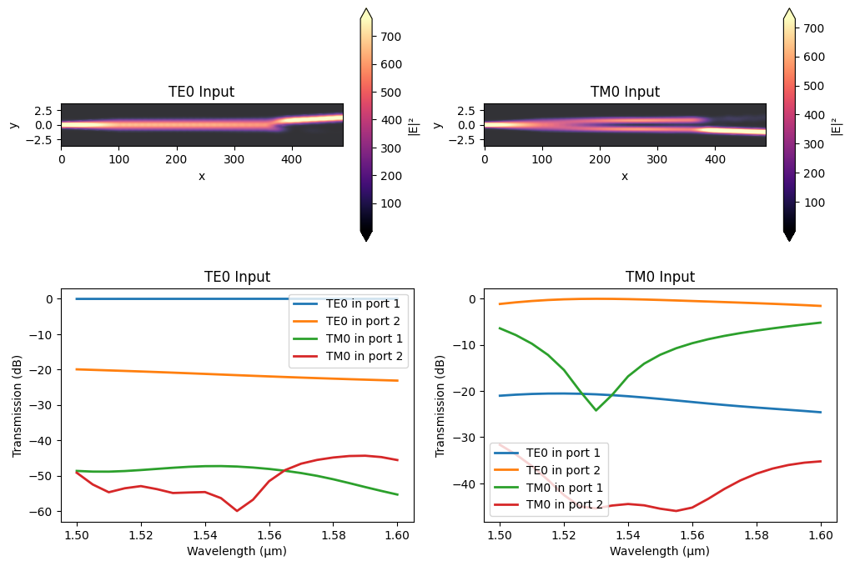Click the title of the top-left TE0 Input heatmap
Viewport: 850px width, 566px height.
[201, 92]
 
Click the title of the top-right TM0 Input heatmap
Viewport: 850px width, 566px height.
[624, 92]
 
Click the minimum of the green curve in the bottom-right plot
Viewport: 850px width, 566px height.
[596, 410]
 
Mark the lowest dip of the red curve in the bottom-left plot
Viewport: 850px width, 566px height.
[237, 510]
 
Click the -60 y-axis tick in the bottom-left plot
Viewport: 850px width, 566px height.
[52, 511]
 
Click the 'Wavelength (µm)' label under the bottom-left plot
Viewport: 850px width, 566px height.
[236, 550]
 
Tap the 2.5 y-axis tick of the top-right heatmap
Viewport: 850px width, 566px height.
[467, 110]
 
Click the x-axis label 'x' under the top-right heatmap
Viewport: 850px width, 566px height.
[624, 176]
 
